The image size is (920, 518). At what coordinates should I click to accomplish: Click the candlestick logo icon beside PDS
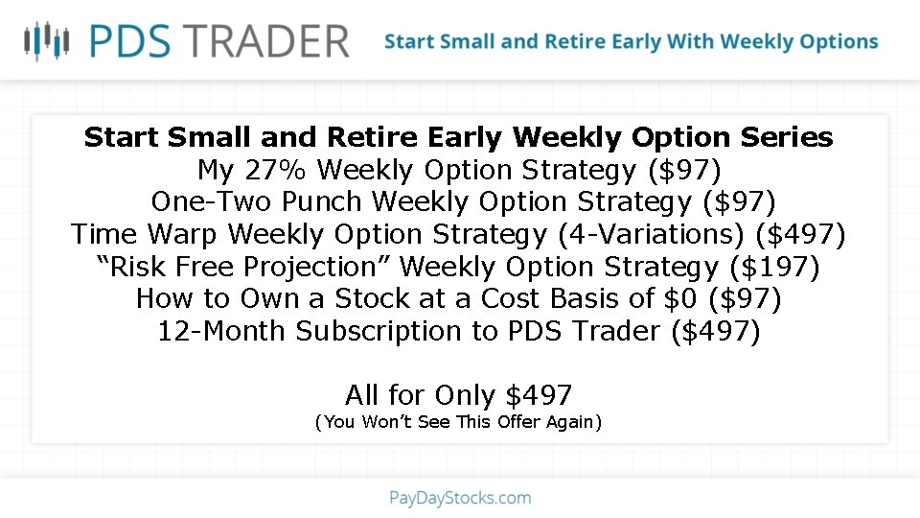[x=47, y=40]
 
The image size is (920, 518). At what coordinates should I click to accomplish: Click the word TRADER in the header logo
[x=268, y=41]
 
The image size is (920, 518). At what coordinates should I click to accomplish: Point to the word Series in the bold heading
[x=787, y=137]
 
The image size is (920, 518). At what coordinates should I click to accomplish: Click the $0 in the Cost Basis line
[x=680, y=298]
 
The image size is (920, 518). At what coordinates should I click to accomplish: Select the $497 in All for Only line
[x=539, y=395]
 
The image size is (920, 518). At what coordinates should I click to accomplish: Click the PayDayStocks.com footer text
[x=460, y=498]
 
